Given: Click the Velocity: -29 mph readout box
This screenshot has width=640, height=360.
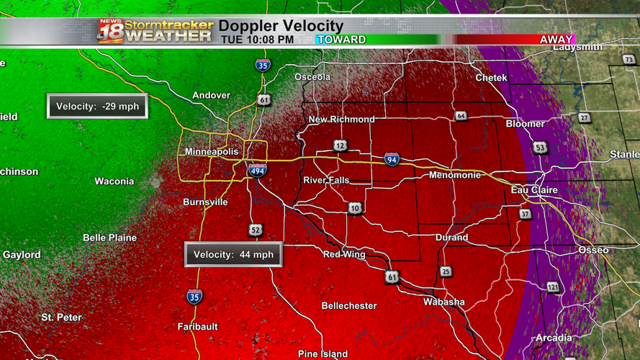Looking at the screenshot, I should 97,107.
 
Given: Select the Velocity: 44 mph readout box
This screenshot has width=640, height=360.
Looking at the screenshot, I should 233,255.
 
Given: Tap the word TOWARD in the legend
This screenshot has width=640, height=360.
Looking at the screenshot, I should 342,40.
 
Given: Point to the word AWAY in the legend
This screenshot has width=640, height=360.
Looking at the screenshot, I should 556,40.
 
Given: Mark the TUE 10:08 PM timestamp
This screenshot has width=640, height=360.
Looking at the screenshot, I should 257,40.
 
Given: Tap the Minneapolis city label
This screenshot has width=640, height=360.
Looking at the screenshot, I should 212,152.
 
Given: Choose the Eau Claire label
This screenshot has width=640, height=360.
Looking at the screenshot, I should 534,190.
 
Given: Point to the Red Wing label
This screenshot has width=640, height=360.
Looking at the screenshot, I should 344,254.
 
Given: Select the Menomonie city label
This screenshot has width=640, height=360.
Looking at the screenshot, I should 454,175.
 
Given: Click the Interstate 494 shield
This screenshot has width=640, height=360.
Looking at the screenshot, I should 257,171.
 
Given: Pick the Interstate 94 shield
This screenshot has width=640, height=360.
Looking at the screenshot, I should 392,160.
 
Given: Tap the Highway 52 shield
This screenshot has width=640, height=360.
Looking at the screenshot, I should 256,230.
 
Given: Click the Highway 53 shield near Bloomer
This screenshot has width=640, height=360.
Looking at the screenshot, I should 541,148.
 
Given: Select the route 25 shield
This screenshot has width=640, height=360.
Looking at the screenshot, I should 446,271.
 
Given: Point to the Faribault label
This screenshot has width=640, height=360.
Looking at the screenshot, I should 198,326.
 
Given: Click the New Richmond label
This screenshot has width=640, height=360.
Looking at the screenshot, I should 342,120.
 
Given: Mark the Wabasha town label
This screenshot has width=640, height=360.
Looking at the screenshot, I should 444,302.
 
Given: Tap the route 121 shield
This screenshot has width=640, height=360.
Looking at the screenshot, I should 552,287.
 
